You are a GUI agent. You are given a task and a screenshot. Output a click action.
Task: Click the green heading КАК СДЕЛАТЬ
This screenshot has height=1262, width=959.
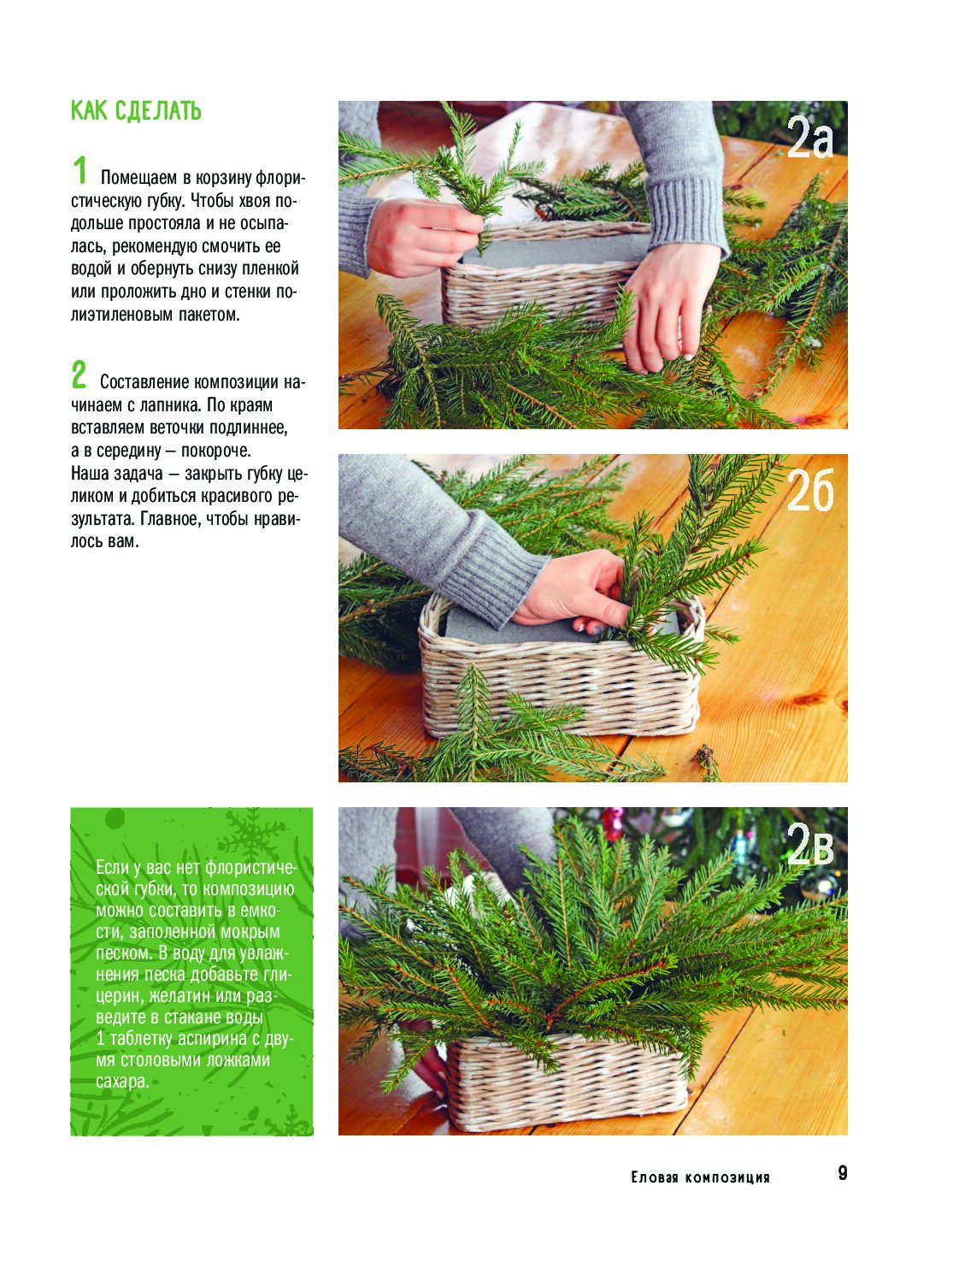(x=136, y=110)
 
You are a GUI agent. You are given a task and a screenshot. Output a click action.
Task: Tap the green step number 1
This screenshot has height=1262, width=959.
(x=80, y=170)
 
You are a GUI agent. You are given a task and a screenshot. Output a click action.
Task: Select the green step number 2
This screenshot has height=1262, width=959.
(x=79, y=374)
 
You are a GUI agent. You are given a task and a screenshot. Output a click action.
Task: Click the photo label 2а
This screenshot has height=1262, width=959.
(x=809, y=138)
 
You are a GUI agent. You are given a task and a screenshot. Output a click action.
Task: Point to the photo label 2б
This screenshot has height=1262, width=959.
(x=810, y=490)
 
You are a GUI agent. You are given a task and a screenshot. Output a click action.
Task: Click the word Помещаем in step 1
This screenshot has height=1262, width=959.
(x=139, y=178)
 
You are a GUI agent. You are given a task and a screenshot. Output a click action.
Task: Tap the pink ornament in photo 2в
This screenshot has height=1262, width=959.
(x=612, y=823)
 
